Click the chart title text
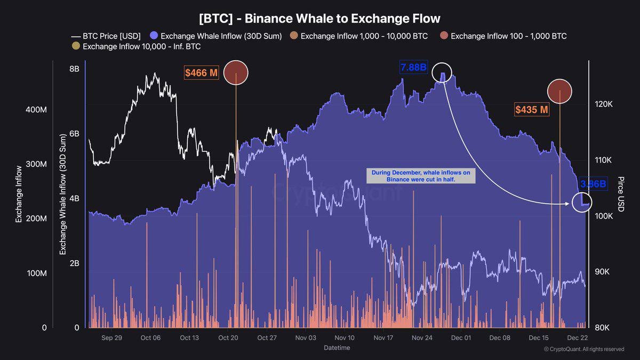click(x=319, y=18)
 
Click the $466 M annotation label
click(x=202, y=73)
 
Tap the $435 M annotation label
click(x=531, y=110)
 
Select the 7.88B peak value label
click(x=413, y=68)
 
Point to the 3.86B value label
click(x=593, y=184)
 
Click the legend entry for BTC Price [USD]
click(x=106, y=36)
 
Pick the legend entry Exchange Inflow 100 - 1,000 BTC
click(x=503, y=36)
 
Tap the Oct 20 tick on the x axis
click(x=228, y=338)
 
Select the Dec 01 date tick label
click(x=461, y=338)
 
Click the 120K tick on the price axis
click(x=603, y=104)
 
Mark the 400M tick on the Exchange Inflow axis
click(x=37, y=109)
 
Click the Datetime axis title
click(x=337, y=348)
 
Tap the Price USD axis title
click(x=620, y=194)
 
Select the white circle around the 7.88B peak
click(x=442, y=72)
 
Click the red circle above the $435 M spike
click(x=559, y=90)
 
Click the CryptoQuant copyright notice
click(x=583, y=349)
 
